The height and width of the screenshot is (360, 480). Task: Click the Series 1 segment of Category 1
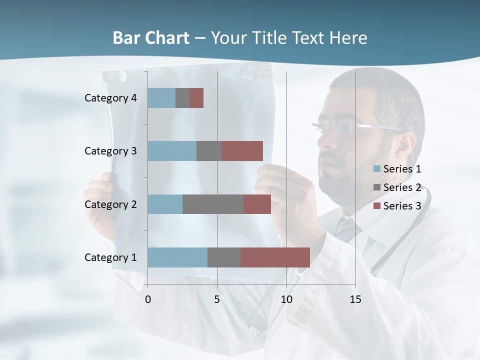(177, 257)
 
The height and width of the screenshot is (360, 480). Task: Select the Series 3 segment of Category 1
(275, 257)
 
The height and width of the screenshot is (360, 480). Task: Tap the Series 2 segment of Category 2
(213, 204)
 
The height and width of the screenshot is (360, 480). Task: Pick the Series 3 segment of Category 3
(242, 151)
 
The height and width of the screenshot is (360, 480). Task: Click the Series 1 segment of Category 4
(161, 98)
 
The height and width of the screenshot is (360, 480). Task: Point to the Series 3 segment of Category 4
(196, 98)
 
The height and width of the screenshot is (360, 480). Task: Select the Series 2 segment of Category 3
(209, 151)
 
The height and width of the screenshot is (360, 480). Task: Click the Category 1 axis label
(110, 257)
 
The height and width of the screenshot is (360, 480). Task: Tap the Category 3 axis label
(110, 151)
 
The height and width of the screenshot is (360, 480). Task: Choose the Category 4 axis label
(110, 98)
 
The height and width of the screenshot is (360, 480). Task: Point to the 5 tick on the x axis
(217, 299)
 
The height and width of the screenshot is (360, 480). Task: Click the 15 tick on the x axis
(355, 299)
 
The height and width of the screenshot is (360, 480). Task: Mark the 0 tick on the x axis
(148, 299)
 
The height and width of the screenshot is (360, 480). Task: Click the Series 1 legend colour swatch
(376, 169)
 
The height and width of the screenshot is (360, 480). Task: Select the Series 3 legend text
(402, 206)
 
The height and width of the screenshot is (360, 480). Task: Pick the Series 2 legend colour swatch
(376, 187)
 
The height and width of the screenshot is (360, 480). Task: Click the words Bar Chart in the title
(151, 38)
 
